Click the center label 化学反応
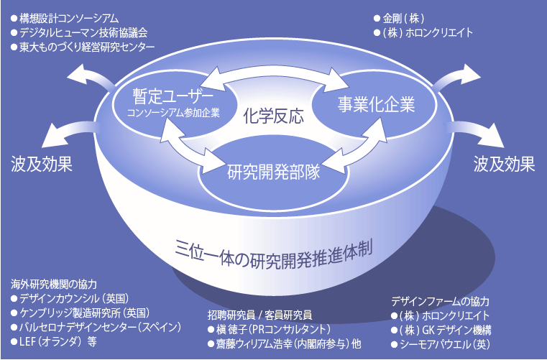[273, 116]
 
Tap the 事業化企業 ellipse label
[376, 104]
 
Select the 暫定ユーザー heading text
[173, 96]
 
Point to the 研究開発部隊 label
[273, 172]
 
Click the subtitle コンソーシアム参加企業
[173, 113]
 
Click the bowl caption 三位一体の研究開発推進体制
[273, 254]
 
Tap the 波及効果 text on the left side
[42, 164]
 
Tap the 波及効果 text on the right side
[504, 164]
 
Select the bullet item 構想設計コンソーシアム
[65, 18]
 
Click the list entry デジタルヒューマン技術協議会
[79, 32]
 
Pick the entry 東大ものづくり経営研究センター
[83, 47]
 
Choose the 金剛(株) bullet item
[399, 18]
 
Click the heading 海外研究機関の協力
[54, 284]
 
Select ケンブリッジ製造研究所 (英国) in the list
[81, 313]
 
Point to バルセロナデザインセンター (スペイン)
[96, 327]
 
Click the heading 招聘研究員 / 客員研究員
[259, 315]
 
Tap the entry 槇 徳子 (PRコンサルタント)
[269, 329]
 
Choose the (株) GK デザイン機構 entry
[441, 330]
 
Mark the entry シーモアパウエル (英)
[441, 344]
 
